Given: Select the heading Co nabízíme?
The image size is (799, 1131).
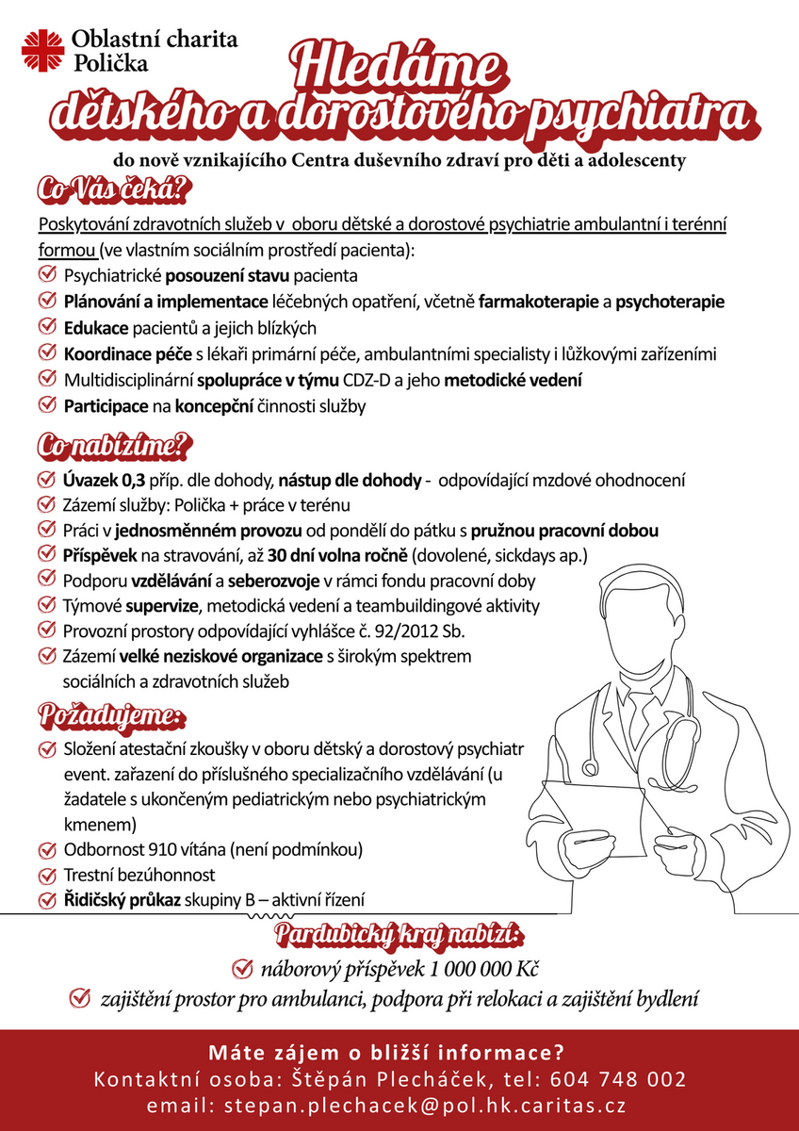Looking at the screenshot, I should (114, 445).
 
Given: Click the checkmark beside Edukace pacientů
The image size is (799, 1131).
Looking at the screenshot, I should (46, 327).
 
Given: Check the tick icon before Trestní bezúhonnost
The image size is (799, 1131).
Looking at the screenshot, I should (46, 874).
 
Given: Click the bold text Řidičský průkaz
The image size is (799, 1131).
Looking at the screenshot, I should (121, 899).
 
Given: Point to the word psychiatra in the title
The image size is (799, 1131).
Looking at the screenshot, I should (641, 116).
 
